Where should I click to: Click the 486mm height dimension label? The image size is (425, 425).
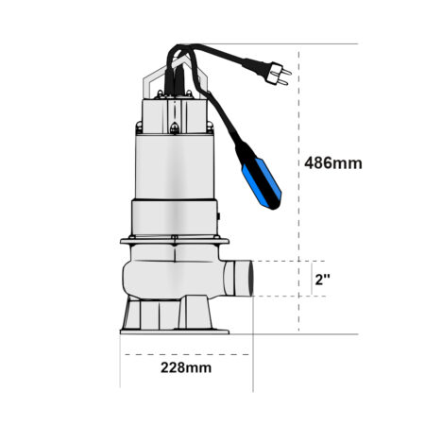point(333,163)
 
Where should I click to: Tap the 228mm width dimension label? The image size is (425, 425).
point(186,367)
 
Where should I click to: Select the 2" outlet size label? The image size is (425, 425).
point(322,280)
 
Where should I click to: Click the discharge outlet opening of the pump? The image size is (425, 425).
point(251,279)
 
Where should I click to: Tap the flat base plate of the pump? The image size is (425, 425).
point(175,331)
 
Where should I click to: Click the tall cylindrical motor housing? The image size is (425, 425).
point(175,167)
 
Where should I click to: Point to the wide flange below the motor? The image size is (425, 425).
point(175,242)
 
